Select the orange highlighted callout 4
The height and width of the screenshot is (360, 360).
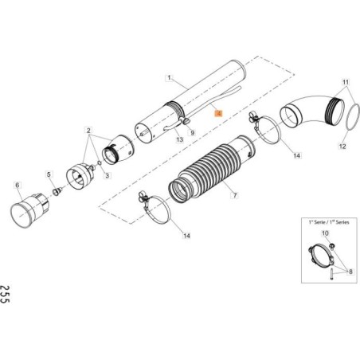click(x=217, y=114)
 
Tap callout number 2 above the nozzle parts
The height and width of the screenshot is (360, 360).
click(x=88, y=130)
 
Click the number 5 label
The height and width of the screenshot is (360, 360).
click(x=49, y=174)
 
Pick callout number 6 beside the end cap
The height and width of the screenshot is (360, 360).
click(x=17, y=185)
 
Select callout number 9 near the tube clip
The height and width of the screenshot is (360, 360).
click(x=191, y=132)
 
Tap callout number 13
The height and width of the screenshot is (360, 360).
click(x=180, y=140)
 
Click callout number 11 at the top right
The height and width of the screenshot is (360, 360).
click(x=345, y=83)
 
